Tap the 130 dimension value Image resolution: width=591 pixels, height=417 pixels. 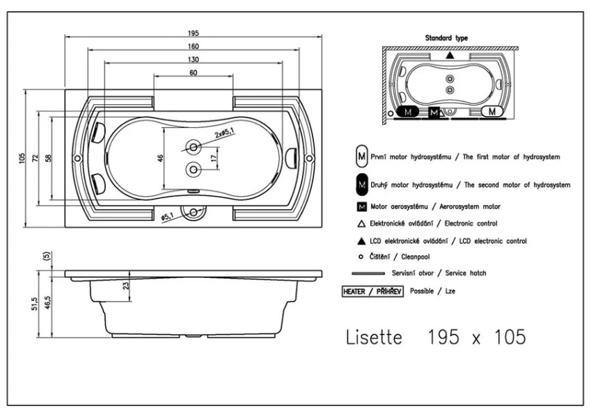193,60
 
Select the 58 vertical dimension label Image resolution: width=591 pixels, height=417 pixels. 47,158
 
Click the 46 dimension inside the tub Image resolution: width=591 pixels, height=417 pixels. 160,158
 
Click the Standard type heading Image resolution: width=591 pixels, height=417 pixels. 450,39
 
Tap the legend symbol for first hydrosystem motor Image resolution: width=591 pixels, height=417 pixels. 361,158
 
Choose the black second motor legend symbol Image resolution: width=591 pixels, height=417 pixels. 361,185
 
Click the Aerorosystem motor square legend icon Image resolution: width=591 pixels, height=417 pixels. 361,206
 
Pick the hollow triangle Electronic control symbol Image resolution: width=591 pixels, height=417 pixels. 361,223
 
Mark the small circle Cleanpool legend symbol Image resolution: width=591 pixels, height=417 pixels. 361,256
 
